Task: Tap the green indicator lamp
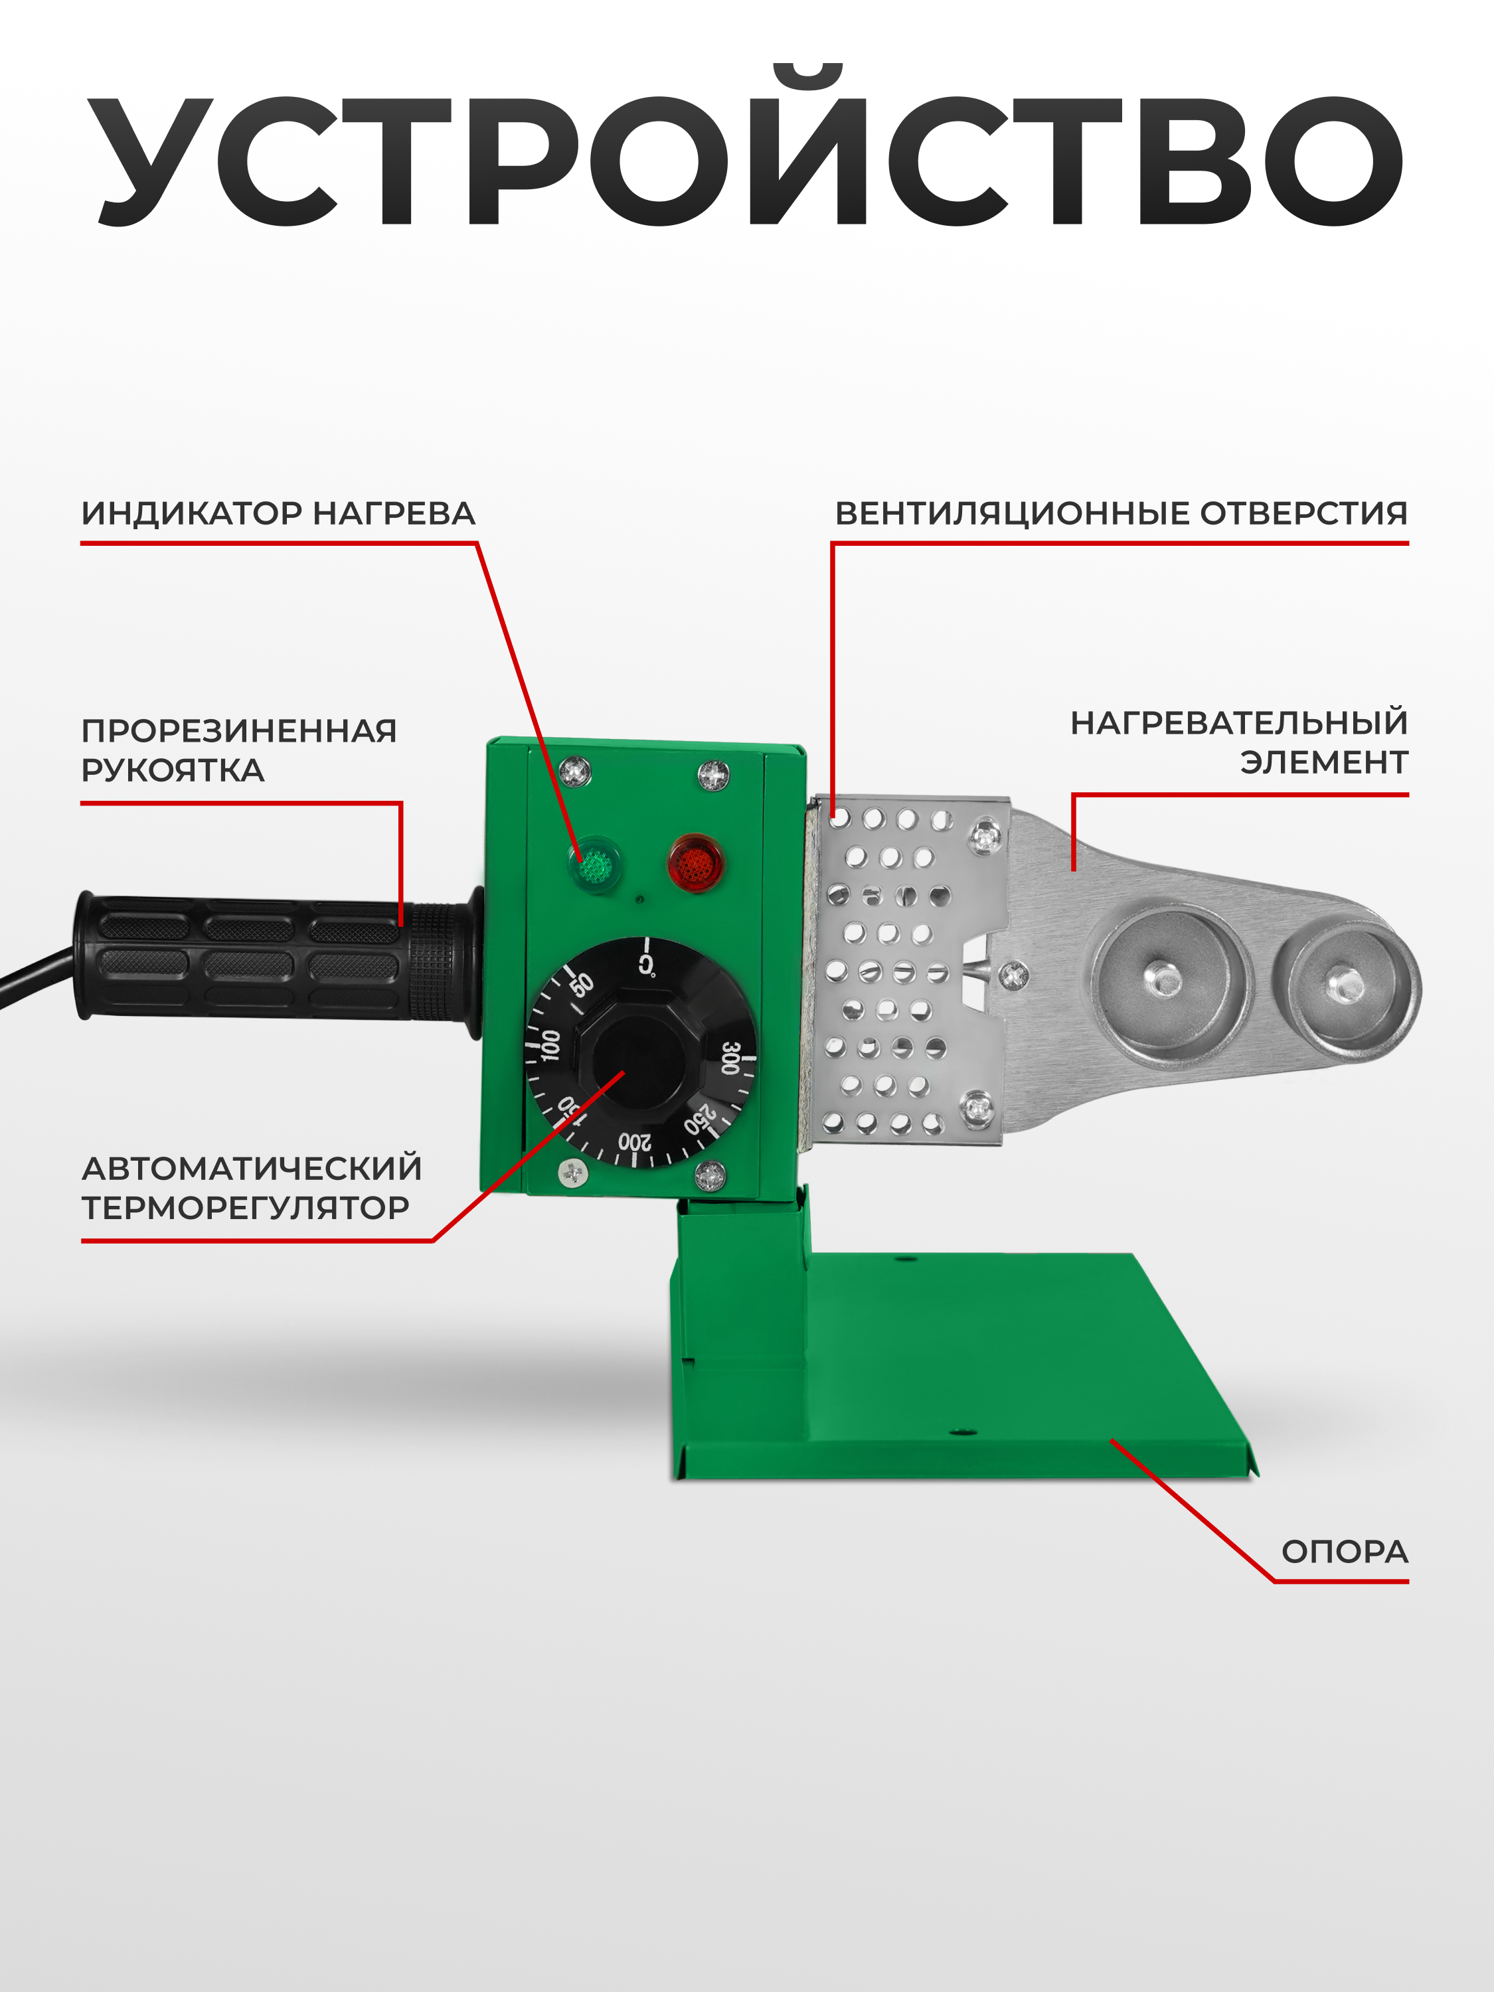594,865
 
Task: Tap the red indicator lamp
695,863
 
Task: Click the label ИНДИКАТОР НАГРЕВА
278,513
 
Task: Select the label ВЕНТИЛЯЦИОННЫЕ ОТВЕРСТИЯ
1121,513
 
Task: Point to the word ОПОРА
1345,1552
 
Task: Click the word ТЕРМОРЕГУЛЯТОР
245,1208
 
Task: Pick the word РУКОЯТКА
173,770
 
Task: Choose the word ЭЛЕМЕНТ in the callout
1324,763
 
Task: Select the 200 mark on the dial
634,1143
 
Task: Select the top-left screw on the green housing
574,771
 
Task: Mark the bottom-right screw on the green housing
710,1175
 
